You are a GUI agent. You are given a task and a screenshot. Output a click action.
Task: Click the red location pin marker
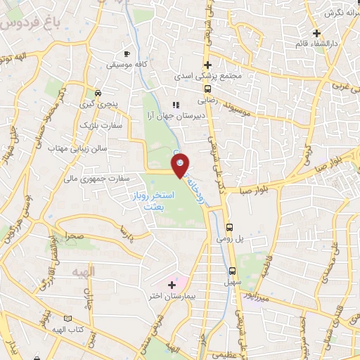181,165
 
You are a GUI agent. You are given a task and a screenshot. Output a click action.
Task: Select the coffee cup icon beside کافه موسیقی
127,53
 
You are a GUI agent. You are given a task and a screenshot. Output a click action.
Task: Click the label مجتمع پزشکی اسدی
206,75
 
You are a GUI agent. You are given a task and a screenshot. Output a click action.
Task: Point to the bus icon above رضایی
207,89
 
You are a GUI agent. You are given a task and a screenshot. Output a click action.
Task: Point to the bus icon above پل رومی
230,227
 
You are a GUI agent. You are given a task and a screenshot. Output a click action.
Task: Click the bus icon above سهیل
233,271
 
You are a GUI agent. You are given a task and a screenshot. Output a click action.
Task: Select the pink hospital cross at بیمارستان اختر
172,285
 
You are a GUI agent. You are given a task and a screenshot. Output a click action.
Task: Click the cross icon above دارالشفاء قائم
317,33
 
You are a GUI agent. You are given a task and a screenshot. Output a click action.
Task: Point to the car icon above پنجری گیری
98,93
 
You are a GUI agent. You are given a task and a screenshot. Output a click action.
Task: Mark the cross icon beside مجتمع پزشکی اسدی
207,64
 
